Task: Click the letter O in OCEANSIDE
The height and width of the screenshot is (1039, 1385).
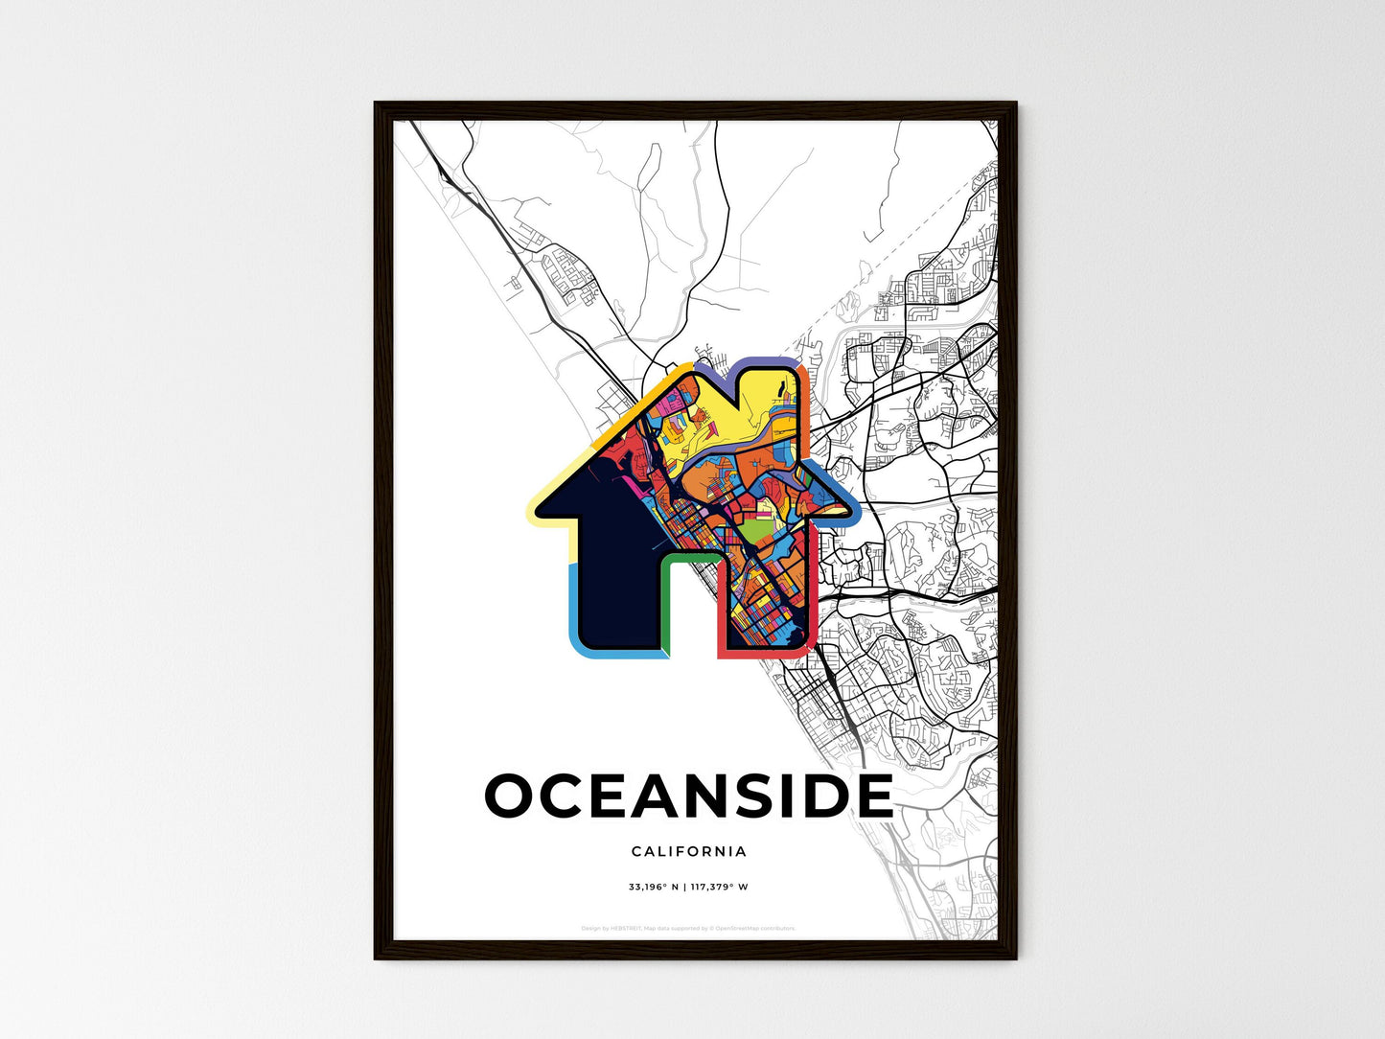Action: coord(513,797)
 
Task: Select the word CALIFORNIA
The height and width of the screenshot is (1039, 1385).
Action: coord(689,851)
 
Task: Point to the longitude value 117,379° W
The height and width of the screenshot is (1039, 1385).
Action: coord(718,888)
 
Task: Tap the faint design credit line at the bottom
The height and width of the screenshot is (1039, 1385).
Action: coord(688,928)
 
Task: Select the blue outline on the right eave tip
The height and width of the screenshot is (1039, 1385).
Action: coord(849,502)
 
